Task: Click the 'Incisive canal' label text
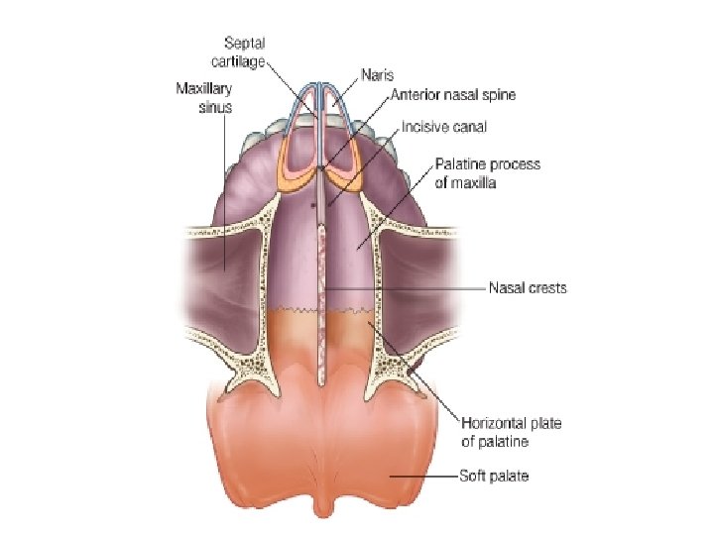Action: point(444,128)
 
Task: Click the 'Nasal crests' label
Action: point(527,289)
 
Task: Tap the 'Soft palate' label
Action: point(493,477)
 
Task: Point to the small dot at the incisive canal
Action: point(313,206)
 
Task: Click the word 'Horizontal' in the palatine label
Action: point(491,424)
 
